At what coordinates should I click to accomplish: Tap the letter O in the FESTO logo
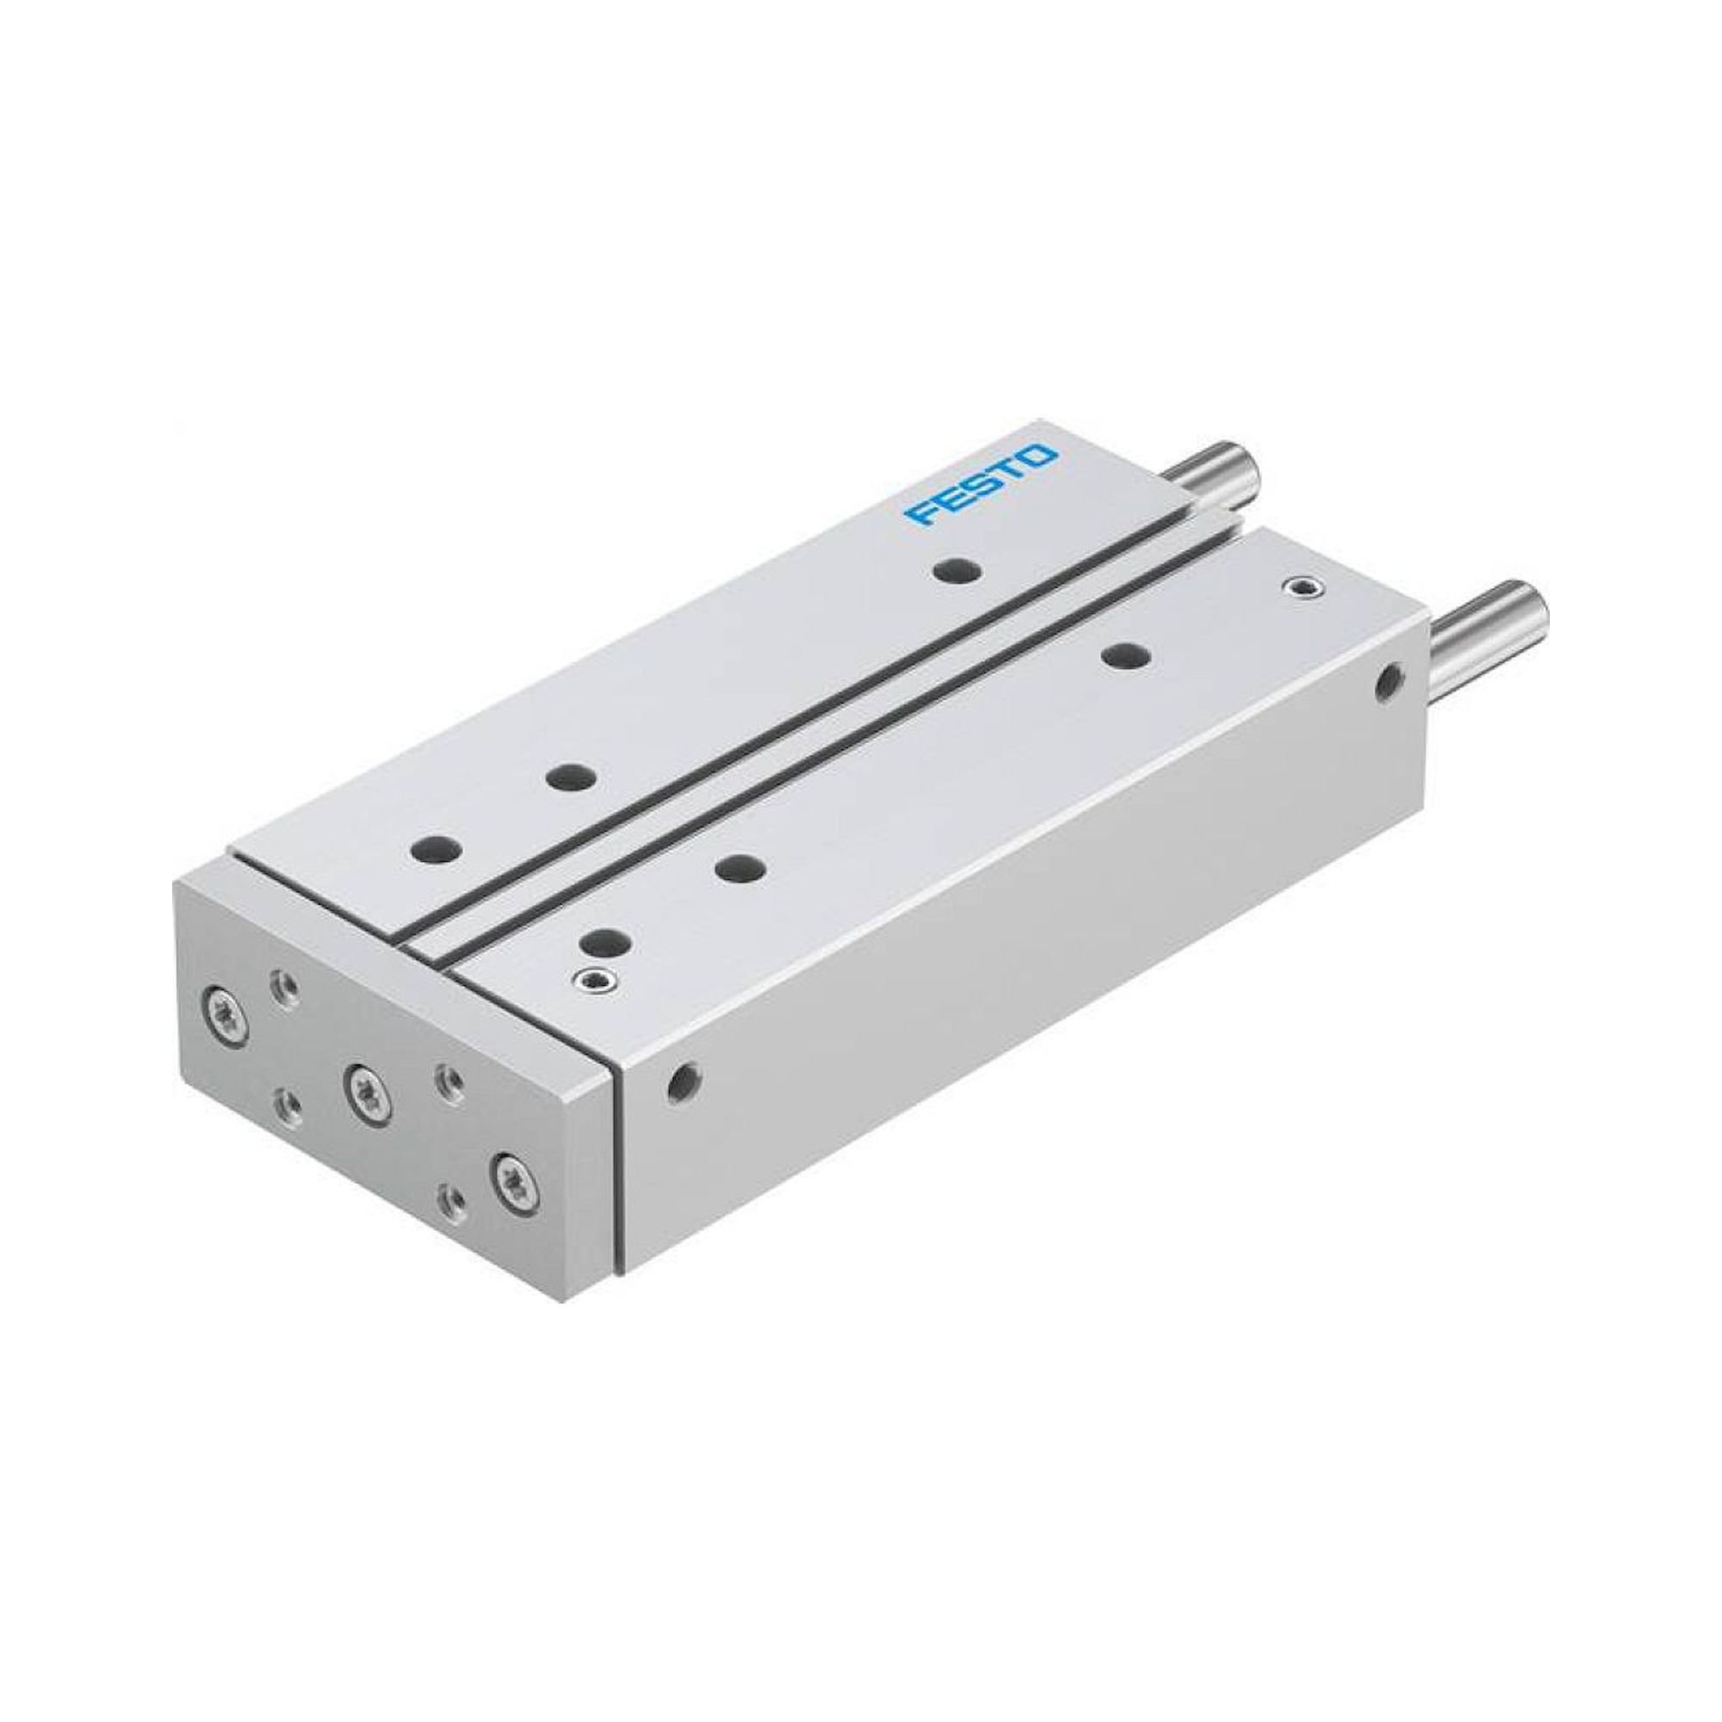tap(1039, 460)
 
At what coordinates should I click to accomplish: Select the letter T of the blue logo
tap(1010, 474)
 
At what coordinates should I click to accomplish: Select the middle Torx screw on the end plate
tap(363, 1086)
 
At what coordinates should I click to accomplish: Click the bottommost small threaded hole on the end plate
tap(453, 1198)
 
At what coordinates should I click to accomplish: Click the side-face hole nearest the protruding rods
tap(1386, 683)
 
